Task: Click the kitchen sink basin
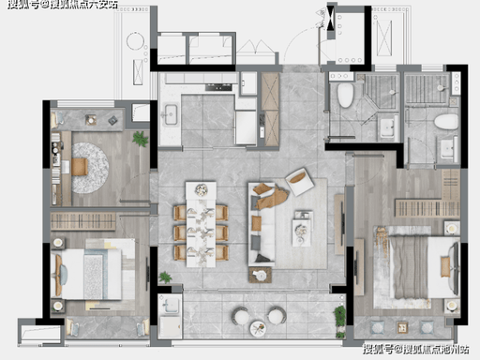click(x=171, y=114)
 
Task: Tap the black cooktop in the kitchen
click(x=218, y=87)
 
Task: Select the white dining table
click(x=201, y=224)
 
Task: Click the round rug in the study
click(x=90, y=168)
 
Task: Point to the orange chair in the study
click(x=80, y=167)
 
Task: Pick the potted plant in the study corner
click(x=140, y=139)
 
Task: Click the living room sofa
click(x=262, y=224)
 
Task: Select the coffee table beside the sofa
click(x=302, y=228)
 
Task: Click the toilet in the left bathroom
click(x=345, y=96)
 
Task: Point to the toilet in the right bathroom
click(x=446, y=122)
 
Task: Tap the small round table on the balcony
click(x=258, y=328)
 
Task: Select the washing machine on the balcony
click(x=170, y=327)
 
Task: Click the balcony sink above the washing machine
click(x=170, y=305)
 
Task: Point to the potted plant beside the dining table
click(x=165, y=277)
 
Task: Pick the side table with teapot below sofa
click(x=260, y=276)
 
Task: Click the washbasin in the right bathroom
click(x=448, y=149)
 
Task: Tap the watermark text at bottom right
click(x=416, y=349)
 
